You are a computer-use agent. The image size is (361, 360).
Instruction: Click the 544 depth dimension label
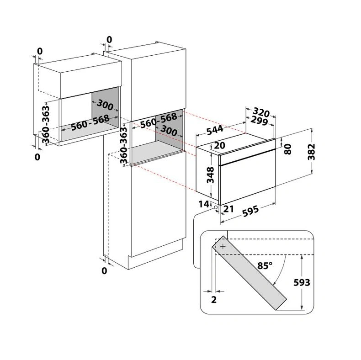215,130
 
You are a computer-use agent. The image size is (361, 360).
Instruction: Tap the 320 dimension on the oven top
261,112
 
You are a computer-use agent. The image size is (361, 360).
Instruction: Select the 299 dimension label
259,121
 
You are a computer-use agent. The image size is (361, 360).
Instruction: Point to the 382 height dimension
312,152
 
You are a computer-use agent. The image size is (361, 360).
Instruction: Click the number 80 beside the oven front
288,149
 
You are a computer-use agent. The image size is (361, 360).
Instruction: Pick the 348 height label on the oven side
210,175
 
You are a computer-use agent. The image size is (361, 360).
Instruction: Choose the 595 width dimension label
250,211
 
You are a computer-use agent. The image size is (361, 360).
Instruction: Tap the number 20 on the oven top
219,145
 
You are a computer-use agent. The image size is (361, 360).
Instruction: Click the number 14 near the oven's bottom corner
204,204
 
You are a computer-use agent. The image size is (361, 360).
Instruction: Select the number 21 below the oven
228,209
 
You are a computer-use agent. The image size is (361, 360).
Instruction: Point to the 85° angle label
265,265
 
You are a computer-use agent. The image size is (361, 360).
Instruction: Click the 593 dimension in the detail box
302,282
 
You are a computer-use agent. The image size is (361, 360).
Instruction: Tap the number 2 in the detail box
214,300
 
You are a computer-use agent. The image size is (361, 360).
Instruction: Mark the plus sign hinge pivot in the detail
223,247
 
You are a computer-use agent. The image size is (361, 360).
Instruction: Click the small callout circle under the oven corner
216,207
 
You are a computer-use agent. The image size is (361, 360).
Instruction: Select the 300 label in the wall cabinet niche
105,105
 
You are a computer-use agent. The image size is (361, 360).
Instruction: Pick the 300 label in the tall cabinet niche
169,130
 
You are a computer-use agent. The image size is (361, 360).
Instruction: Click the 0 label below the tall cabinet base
104,271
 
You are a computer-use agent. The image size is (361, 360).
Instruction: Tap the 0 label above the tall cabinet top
109,40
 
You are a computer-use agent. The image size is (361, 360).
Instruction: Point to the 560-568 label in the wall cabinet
90,122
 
